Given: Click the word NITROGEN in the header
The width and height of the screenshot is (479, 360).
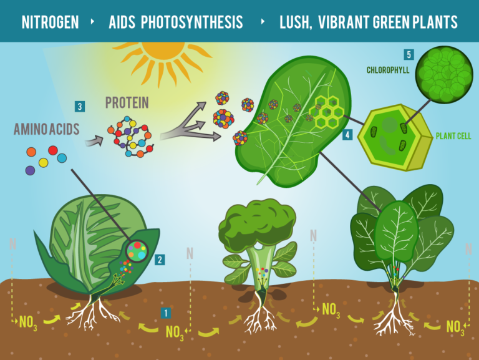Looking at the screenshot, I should tap(50, 23).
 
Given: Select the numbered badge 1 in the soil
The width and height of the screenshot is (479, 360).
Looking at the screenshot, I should tap(165, 311).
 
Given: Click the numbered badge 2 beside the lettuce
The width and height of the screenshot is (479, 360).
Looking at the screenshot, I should tap(160, 260).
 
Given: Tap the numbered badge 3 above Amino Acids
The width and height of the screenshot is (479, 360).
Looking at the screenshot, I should tap(79, 106).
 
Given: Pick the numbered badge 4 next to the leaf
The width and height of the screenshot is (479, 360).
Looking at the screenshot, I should tap(347, 134).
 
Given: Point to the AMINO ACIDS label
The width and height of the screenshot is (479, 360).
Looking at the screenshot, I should tap(46, 129).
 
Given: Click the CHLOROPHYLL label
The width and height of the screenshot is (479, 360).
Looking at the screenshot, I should tap(388, 71).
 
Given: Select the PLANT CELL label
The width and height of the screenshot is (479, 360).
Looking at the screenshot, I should tap(454, 136).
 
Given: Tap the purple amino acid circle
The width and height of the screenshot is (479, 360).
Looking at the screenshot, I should tap(30, 170).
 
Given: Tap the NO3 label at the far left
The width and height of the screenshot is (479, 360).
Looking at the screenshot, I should tap(28, 322).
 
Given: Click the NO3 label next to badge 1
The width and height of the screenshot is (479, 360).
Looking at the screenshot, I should tap(175, 332).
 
